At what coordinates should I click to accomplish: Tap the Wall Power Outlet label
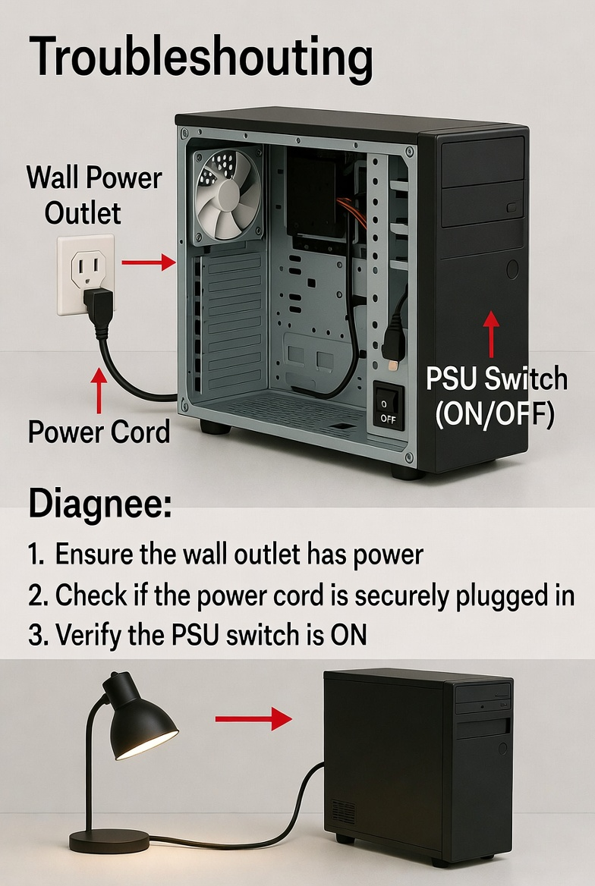93,195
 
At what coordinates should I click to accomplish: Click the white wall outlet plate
84,275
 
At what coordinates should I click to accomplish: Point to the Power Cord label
99,432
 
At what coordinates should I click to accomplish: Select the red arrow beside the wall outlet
148,262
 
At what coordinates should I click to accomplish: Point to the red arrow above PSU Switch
491,334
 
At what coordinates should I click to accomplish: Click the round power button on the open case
512,268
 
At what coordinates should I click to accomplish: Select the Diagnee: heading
99,505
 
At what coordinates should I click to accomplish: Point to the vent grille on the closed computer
343,812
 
